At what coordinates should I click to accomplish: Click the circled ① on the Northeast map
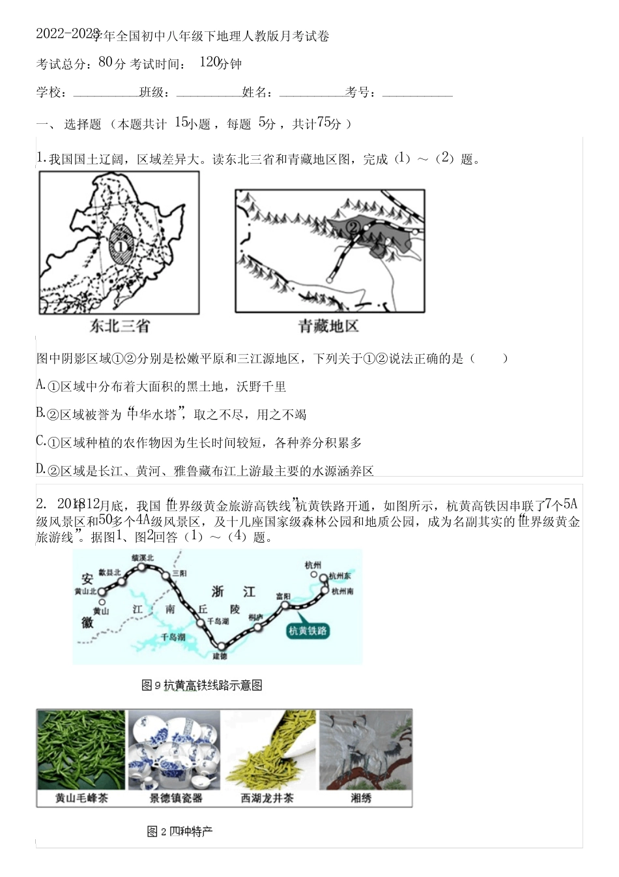(x=121, y=246)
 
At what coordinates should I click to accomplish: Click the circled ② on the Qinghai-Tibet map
(x=353, y=227)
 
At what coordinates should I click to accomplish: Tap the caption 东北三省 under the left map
(x=120, y=326)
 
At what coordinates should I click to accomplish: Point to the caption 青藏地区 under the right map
(x=328, y=326)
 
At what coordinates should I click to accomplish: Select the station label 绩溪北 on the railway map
(x=143, y=558)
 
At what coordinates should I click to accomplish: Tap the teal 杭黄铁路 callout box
(x=308, y=631)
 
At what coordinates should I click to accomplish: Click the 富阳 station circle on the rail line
(x=285, y=605)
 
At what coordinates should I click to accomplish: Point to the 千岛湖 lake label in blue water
(x=173, y=636)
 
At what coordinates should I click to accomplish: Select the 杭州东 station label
(x=340, y=576)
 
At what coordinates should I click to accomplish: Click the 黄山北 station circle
(x=102, y=591)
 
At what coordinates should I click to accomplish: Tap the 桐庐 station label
(x=255, y=617)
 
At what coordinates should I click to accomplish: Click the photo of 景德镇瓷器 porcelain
(x=175, y=750)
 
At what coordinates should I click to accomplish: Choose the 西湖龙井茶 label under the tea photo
(x=267, y=798)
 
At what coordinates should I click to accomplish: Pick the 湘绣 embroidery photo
(x=366, y=750)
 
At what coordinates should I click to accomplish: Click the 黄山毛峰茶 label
(x=81, y=798)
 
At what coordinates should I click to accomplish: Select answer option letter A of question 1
(x=40, y=385)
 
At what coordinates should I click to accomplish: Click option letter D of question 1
(x=40, y=469)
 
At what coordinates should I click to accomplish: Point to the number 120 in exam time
(x=209, y=63)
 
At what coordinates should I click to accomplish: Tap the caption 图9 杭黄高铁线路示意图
(x=202, y=685)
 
